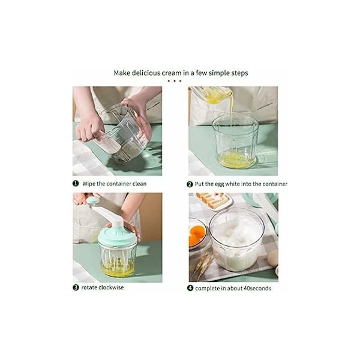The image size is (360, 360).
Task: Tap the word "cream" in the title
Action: point(172,73)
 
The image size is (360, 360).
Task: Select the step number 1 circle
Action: point(76,184)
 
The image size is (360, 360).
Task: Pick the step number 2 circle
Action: point(190,184)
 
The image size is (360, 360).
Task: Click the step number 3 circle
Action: point(76,287)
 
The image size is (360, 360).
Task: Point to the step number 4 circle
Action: point(190,288)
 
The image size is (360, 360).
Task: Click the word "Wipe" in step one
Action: point(89,184)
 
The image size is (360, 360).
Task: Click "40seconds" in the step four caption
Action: point(257,289)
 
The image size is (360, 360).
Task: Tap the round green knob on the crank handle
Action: point(93,200)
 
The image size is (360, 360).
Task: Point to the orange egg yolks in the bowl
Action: point(197,235)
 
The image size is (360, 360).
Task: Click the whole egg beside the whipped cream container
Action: point(273,257)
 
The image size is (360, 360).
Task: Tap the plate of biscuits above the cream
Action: point(214,200)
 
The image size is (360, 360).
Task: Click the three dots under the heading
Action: point(175,81)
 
